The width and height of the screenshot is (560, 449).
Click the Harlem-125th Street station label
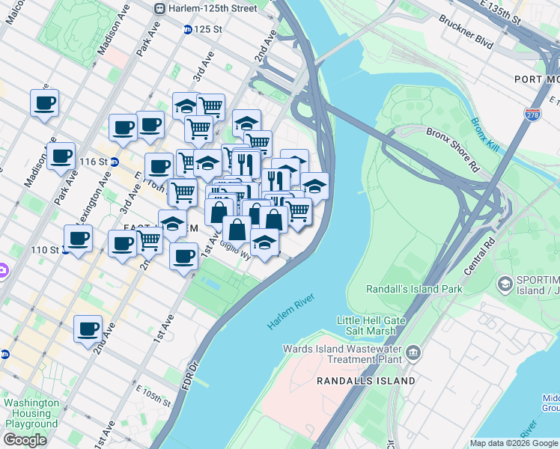(213, 8)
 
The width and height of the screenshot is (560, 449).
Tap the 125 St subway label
(207, 29)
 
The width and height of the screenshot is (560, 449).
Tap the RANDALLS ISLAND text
(365, 381)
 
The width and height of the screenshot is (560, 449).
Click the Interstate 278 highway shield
(530, 114)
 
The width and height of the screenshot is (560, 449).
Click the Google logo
(25, 440)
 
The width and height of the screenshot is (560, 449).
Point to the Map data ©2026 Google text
(514, 443)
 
